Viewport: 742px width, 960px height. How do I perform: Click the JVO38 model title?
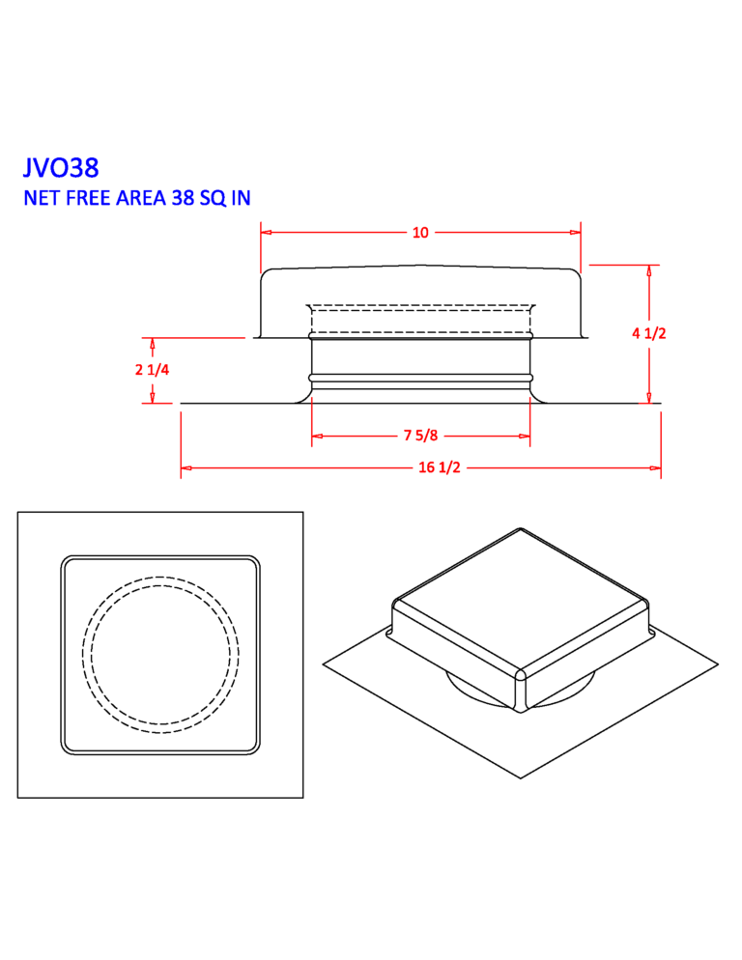(x=61, y=168)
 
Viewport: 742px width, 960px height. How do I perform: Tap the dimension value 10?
(x=420, y=233)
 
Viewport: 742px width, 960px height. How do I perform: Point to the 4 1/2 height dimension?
(x=649, y=333)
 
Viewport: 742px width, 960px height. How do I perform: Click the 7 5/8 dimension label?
(x=420, y=437)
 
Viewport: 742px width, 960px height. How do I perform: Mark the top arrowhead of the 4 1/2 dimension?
(x=649, y=270)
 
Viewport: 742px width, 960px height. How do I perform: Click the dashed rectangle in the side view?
(x=420, y=319)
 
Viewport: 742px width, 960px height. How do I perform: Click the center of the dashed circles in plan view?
(x=160, y=654)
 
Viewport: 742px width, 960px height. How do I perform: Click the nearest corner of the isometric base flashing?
(x=522, y=777)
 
